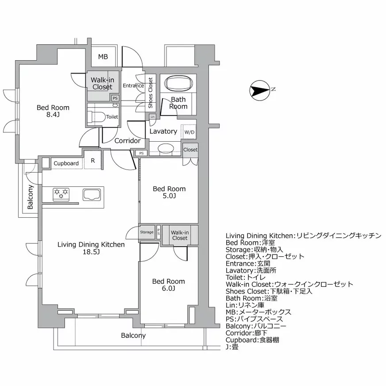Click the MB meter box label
[103, 57]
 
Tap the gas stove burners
[61, 193]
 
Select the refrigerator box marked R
[93, 161]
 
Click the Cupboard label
[66, 163]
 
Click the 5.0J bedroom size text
[169, 197]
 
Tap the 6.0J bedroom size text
[168, 289]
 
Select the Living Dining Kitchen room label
[91, 244]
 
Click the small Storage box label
[147, 232]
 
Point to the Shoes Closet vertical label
[151, 93]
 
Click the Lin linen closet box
[153, 116]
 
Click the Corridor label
[127, 141]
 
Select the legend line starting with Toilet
[246, 277]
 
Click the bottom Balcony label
[133, 336]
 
